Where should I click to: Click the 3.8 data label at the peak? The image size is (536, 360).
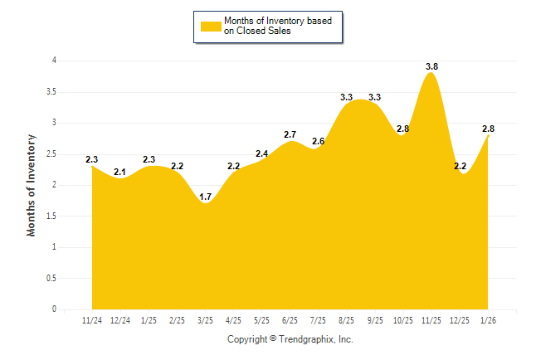click(432, 66)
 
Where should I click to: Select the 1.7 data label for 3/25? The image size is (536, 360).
click(206, 197)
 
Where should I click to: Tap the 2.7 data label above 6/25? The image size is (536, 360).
click(290, 134)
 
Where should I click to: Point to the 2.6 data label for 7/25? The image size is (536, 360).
click(318, 142)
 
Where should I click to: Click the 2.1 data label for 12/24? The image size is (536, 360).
click(120, 172)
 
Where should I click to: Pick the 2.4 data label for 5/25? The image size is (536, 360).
click(262, 153)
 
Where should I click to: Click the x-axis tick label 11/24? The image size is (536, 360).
click(92, 319)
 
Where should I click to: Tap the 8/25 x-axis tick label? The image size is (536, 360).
click(347, 319)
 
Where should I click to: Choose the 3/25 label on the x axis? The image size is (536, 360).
click(205, 319)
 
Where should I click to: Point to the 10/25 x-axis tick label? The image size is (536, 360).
click(403, 319)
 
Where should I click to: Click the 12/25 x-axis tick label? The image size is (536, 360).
click(460, 319)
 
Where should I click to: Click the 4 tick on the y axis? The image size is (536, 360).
click(54, 61)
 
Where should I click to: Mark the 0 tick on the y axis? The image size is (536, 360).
click(54, 309)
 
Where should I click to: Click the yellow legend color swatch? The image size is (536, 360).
click(211, 27)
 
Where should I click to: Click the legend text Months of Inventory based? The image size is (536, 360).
click(278, 21)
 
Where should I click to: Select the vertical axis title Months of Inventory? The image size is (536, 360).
click(32, 185)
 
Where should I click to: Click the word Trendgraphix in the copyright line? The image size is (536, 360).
click(306, 339)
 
